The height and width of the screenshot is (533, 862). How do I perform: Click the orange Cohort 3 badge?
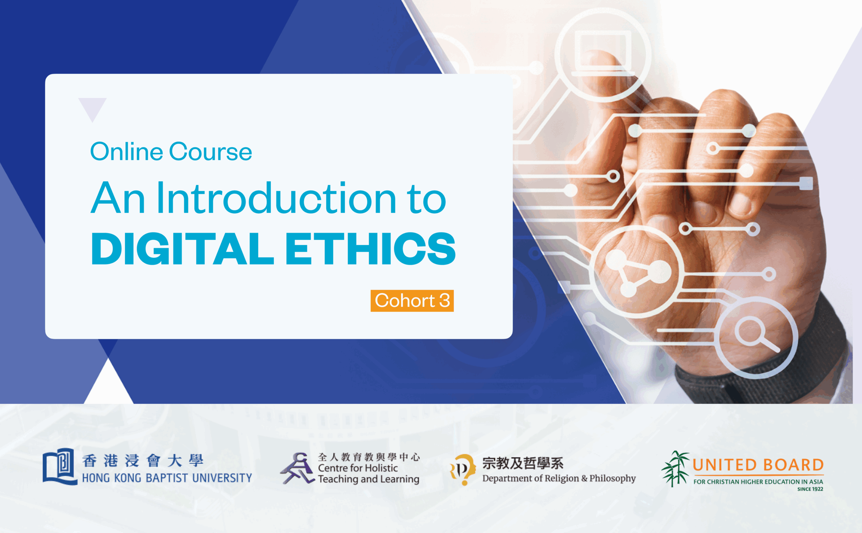pos(412,301)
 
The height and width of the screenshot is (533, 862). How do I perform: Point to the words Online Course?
pos(171,151)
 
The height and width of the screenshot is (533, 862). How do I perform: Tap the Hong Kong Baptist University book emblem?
pos(60,466)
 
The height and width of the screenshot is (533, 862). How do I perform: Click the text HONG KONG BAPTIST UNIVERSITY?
pos(167,478)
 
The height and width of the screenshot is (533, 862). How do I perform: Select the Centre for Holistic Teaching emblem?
pos(297,468)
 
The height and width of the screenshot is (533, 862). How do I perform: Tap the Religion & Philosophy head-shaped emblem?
pos(463,469)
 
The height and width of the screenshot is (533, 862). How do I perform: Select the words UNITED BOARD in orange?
pos(758,465)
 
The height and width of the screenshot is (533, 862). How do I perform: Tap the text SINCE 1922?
pos(810,489)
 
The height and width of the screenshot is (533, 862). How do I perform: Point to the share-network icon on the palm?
pos(637,272)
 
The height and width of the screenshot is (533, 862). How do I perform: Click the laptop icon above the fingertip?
pos(603,53)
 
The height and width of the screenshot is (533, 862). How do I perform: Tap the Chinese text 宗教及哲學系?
pos(523,463)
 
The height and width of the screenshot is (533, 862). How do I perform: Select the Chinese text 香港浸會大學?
pos(143,460)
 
